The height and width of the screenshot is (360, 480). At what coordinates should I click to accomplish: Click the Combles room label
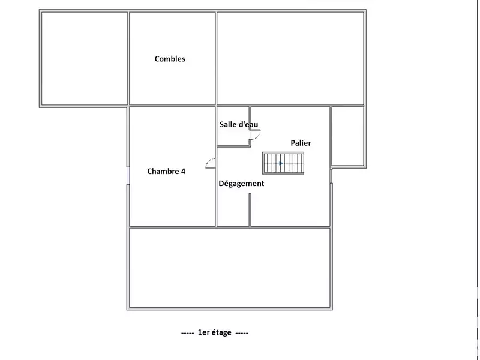point(170,59)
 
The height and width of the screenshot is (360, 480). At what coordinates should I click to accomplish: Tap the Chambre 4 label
point(166,171)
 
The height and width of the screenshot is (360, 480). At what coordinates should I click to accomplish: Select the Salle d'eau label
point(239,124)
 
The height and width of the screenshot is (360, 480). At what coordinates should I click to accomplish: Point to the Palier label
point(301,143)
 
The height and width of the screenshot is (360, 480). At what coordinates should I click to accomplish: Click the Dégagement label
point(241,184)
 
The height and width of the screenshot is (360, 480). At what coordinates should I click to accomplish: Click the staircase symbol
point(283,163)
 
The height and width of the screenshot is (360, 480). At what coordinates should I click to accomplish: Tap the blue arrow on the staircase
point(281,163)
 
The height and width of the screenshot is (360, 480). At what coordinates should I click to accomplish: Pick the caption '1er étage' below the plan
point(215,332)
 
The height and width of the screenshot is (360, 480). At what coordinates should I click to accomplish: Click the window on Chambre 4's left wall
point(128,175)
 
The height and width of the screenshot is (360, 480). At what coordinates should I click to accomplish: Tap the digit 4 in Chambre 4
point(183,171)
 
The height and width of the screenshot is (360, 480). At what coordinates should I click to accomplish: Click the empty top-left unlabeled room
point(84,58)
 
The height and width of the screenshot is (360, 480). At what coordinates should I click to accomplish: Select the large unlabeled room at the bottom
point(230,268)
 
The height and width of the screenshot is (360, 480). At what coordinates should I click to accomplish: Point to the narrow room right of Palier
point(348,136)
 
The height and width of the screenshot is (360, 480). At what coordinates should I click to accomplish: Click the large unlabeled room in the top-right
point(290,58)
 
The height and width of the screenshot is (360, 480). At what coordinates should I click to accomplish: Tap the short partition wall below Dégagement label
point(250,210)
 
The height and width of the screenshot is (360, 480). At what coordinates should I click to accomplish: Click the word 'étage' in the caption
point(221,333)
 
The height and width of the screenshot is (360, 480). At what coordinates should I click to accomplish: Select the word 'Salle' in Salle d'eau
point(227,124)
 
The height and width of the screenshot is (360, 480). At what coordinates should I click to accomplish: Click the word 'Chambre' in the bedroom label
point(163,171)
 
